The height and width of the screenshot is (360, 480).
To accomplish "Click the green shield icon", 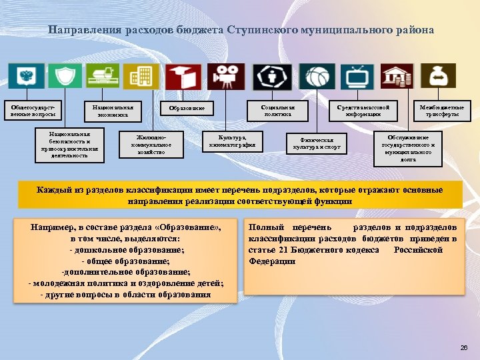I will pyautogui.click(x=65, y=76).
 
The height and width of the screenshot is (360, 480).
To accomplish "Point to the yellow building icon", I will pyautogui.click(x=141, y=76).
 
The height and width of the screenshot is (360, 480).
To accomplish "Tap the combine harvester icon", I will pyautogui.click(x=103, y=76).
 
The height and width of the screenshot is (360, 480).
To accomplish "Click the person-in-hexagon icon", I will pyautogui.click(x=271, y=77).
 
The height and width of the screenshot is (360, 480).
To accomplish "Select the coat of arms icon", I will pyautogui.click(x=27, y=76).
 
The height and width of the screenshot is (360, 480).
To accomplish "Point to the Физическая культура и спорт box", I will pyautogui.click(x=317, y=143).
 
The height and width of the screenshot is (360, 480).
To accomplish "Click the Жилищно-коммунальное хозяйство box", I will pyautogui.click(x=150, y=143).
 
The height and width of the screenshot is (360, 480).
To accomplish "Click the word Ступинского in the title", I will pyautogui.click(x=260, y=30).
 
